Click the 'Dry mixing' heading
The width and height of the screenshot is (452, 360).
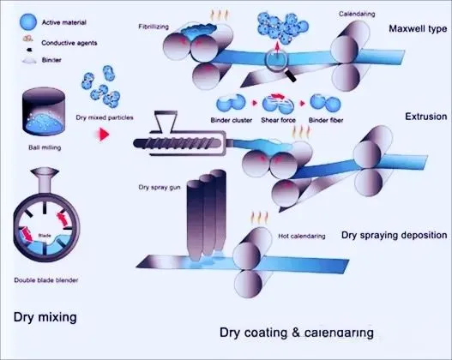point(45,317)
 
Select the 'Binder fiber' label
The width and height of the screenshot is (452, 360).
point(324,120)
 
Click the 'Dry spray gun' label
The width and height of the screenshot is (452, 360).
point(159,185)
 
